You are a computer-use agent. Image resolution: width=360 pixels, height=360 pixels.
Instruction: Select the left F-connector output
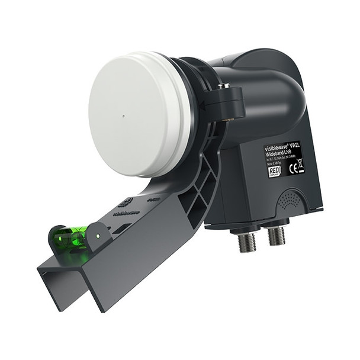point(247,239)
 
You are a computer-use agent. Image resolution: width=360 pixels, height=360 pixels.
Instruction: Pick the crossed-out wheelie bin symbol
point(300,165)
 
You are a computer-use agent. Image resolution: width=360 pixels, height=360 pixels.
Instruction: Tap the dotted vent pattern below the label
point(288,200)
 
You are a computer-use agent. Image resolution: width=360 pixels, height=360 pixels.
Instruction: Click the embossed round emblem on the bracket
point(126,202)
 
